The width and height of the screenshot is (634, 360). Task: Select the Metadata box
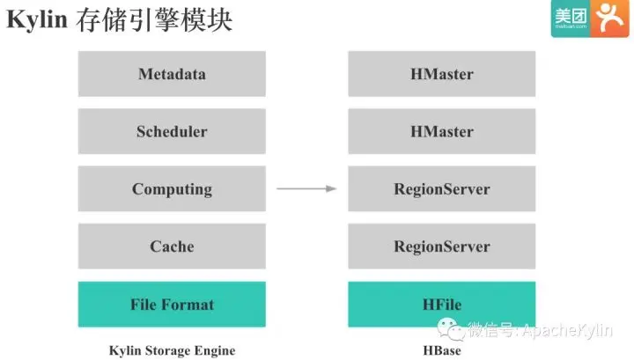point(172,74)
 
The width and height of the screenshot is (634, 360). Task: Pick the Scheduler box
point(172,131)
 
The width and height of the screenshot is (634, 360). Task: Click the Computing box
point(172,188)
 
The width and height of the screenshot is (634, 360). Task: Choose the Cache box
point(172,246)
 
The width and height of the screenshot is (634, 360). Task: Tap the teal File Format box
point(172,305)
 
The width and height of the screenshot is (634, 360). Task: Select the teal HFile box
point(441,305)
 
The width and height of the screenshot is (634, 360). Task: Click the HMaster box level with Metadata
point(441,74)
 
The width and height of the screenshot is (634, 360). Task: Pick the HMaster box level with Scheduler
point(441,131)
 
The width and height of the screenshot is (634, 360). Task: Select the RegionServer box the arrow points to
point(441,188)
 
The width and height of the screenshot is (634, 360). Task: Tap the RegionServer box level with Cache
point(441,246)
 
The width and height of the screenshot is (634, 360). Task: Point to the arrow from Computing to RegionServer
point(306,188)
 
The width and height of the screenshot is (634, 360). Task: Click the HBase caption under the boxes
point(441,350)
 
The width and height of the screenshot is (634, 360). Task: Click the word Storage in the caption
point(173,350)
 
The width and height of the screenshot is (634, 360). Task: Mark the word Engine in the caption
point(216,350)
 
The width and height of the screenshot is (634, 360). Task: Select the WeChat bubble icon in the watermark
point(453,330)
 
